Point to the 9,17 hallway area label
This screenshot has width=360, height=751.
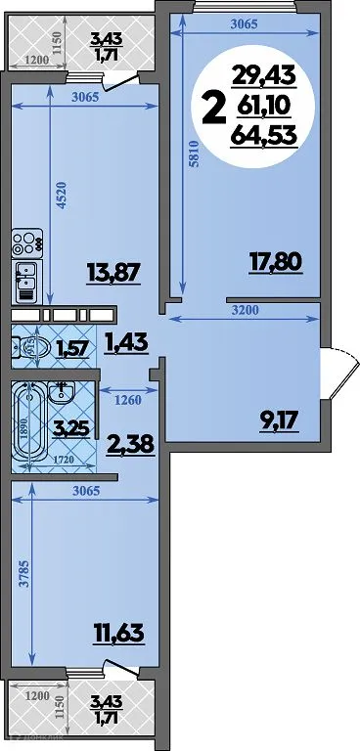coord(279,423)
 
